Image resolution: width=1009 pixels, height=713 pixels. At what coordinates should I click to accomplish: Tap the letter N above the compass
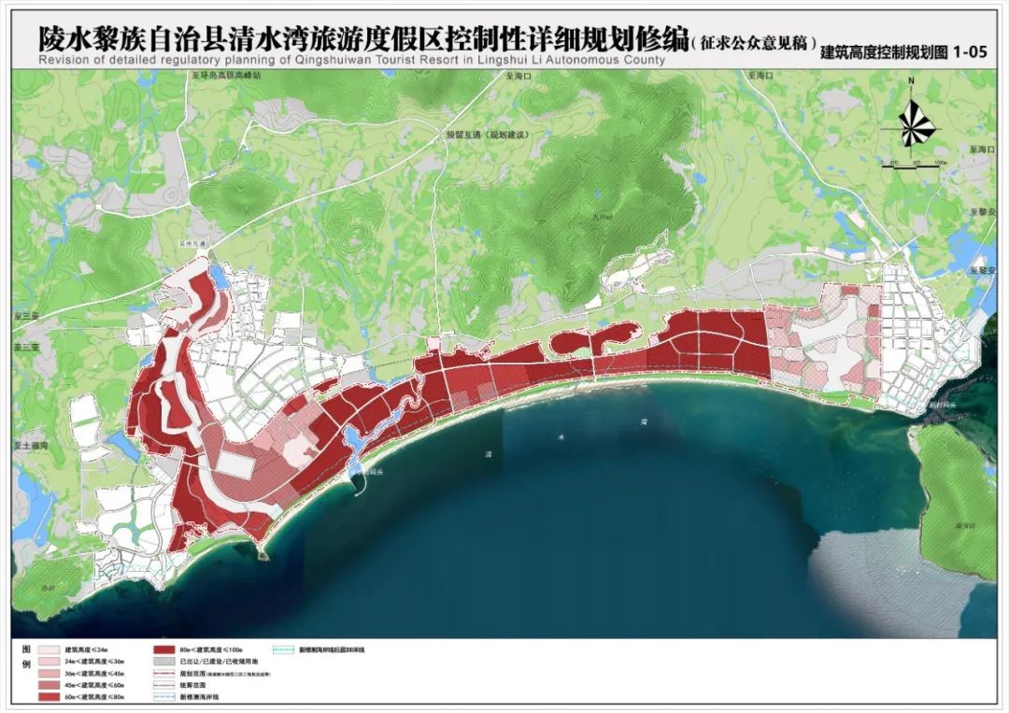click(x=911, y=82)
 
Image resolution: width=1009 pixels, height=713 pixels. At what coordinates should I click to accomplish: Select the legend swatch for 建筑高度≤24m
click(x=48, y=649)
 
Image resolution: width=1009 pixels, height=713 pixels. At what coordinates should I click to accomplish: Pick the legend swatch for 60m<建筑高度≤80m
click(x=48, y=697)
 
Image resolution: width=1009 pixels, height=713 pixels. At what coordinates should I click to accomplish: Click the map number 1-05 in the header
click(x=969, y=54)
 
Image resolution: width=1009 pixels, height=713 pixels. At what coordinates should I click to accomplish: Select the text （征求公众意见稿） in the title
click(x=753, y=43)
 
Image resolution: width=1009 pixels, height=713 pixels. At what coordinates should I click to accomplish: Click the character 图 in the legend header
click(x=25, y=649)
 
